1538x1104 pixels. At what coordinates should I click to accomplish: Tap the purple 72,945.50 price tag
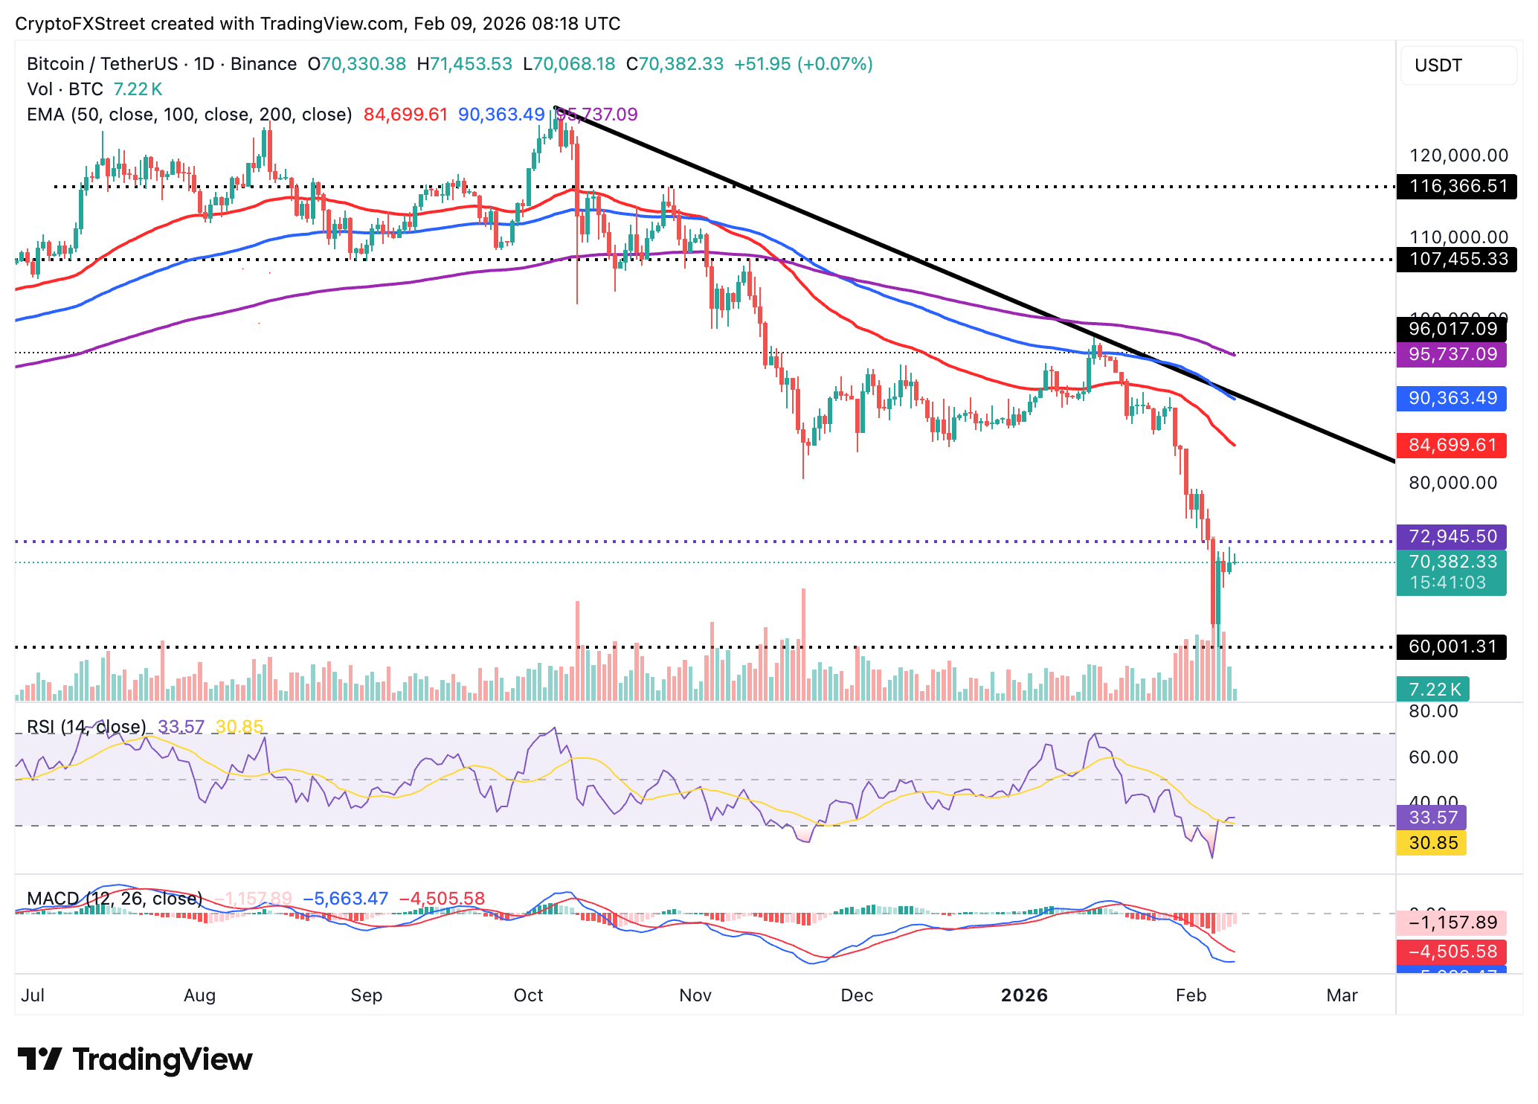click(x=1452, y=536)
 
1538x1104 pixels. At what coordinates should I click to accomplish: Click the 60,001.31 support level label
click(x=1452, y=646)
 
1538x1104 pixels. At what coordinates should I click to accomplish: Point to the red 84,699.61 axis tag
click(x=1452, y=445)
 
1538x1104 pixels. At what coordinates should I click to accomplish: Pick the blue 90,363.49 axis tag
click(x=1452, y=398)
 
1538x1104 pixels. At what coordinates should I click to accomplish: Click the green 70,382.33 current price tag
click(x=1452, y=562)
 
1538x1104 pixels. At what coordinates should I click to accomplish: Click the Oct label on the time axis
click(x=528, y=995)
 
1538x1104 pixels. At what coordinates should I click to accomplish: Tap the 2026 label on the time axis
click(x=1024, y=995)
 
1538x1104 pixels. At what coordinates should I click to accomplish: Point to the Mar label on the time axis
click(x=1342, y=995)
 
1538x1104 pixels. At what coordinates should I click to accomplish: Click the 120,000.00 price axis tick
click(x=1458, y=155)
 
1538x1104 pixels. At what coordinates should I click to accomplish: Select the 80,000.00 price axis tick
click(x=1452, y=483)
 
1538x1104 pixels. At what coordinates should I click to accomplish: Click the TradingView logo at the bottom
click(x=135, y=1059)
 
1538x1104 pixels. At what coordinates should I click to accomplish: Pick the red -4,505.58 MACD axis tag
click(x=1452, y=951)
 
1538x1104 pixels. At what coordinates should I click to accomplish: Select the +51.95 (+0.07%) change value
click(x=803, y=64)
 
